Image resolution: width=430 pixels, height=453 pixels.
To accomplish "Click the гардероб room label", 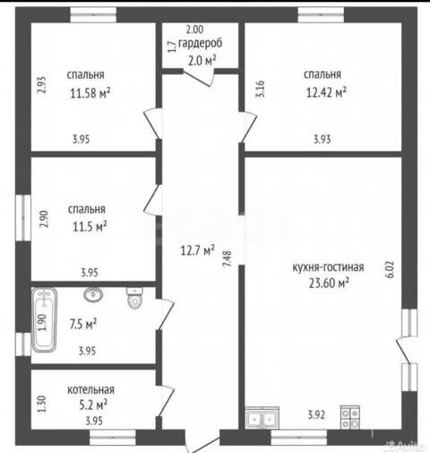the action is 200,43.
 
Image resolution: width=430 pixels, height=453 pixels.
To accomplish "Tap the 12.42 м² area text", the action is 326,92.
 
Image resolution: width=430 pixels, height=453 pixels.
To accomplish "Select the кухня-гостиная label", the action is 328,267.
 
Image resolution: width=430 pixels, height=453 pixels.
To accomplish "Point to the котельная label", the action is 90,389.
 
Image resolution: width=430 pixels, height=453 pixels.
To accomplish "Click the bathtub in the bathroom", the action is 44,319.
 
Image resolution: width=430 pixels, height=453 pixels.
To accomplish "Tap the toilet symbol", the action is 134,298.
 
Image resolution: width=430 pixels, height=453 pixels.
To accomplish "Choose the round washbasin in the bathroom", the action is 93,294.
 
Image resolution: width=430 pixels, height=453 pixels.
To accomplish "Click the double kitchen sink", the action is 262,418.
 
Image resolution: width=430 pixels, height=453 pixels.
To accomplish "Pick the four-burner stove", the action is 350,417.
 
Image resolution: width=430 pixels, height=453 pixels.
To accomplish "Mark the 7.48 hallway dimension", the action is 228,258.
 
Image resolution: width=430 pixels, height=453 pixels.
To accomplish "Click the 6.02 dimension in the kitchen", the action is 391,270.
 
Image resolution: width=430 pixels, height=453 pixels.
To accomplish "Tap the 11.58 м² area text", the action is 90,93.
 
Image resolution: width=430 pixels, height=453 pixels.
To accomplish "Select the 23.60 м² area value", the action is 329,283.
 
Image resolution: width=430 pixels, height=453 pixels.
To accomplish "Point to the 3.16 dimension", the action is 260,89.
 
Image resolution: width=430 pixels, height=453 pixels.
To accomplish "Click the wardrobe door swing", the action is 200,77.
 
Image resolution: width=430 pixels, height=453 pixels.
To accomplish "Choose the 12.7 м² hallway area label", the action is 197,250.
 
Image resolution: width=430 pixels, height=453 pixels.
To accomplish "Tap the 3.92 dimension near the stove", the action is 316,414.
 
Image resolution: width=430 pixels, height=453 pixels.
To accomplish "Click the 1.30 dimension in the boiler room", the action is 42,404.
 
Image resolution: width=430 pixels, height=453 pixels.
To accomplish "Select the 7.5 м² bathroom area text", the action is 83,324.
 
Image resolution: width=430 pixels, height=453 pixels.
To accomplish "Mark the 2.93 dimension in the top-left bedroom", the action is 42,85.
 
